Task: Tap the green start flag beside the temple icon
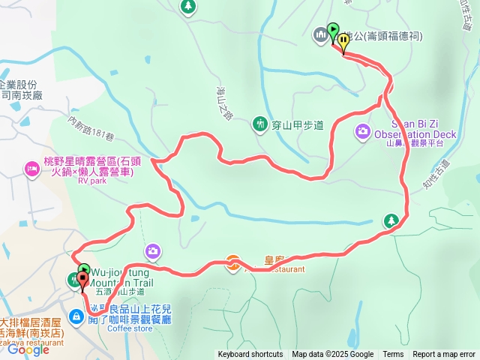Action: pos(333,31)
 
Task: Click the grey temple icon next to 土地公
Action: pos(321,34)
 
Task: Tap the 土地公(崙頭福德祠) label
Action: pos(383,36)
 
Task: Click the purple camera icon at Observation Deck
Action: pos(362,132)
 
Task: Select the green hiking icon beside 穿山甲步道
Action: pos(259,123)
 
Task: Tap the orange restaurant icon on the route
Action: pos(234,262)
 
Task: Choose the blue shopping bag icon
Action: pos(78,316)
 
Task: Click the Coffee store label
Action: pos(129,328)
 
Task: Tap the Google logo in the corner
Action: pos(28,349)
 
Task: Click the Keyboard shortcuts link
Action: pos(250,355)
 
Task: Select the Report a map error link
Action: pos(444,355)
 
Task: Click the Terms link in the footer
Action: pos(393,355)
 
